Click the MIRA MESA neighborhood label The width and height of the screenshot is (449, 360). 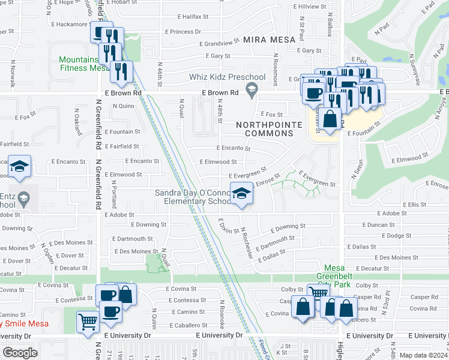pos(269,40)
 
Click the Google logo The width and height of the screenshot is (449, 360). pos(20,352)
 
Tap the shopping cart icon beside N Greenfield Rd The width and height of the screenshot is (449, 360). pos(88,322)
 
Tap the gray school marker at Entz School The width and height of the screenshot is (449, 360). pos(24,199)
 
